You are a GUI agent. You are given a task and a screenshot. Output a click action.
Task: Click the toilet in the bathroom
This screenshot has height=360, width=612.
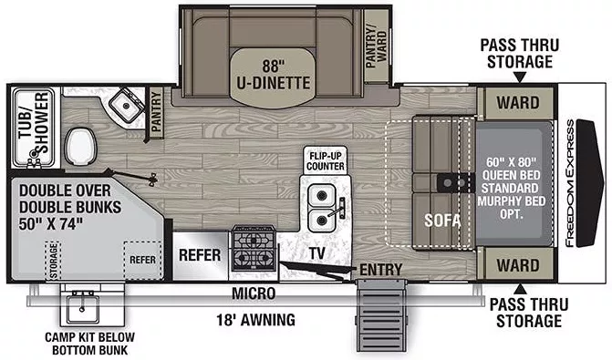coord(80,143)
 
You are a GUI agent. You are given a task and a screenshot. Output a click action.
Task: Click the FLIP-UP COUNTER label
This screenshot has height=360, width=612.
coord(325,161)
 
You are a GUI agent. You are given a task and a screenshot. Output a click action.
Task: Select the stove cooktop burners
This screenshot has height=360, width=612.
coord(253,248)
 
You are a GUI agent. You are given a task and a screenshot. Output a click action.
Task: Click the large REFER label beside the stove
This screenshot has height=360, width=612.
coord(199,254)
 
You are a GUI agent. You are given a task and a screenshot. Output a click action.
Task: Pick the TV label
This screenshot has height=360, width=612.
coord(316,252)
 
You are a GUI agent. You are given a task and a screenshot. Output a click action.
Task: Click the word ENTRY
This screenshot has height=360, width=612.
coord(380,270)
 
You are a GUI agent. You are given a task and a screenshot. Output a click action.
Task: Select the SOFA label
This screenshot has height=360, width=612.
coord(441,220)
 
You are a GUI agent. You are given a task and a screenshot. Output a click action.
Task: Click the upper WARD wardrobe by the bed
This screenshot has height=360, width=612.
coord(515,102)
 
